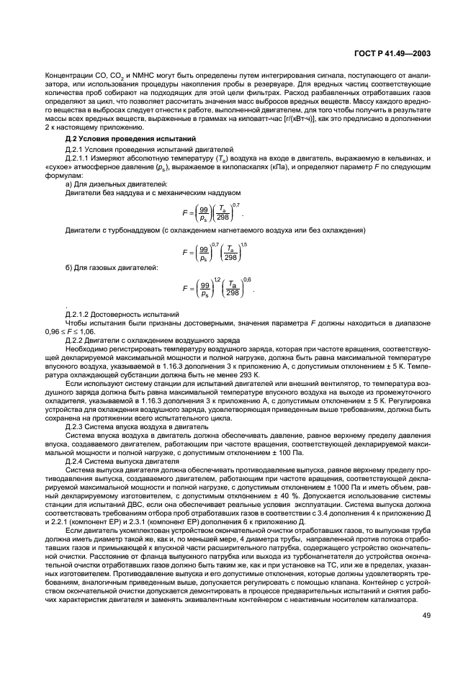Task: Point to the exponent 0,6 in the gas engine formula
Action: tap(248, 279)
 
